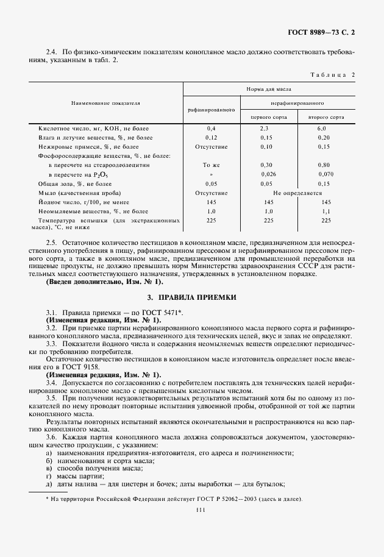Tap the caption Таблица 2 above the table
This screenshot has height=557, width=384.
pyautogui.click(x=332, y=74)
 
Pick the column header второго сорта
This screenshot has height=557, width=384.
pyautogui.click(x=326, y=116)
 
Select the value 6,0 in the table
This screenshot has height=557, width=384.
pyautogui.click(x=322, y=129)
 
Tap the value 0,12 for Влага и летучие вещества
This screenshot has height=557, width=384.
pyautogui.click(x=211, y=138)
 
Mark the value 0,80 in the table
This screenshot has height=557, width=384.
pyautogui.click(x=324, y=165)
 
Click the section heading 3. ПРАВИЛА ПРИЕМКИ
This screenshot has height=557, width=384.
pyautogui.click(x=191, y=297)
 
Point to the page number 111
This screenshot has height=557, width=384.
pyautogui.click(x=191, y=511)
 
